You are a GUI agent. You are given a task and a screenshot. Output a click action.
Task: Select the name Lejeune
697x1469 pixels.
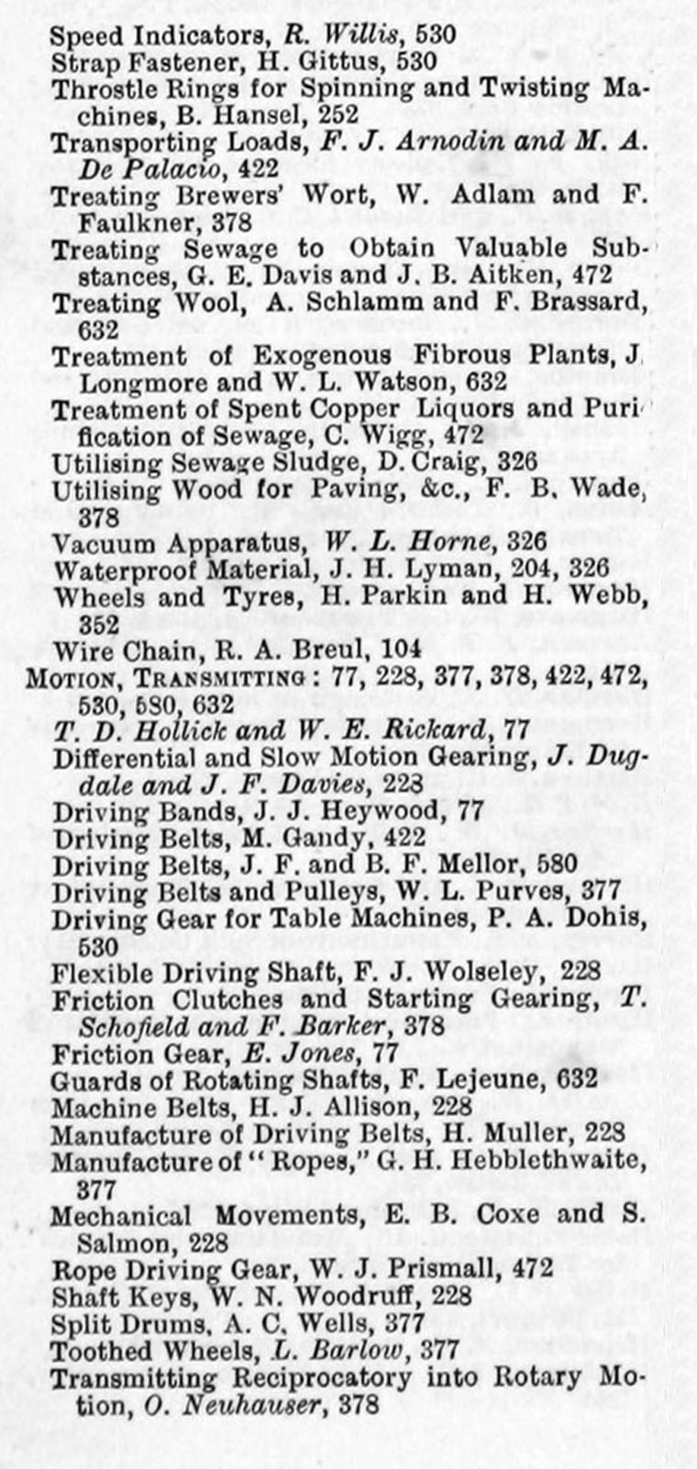pos(495,1079)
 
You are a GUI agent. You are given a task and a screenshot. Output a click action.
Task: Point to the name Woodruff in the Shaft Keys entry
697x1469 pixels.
pos(346,1297)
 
